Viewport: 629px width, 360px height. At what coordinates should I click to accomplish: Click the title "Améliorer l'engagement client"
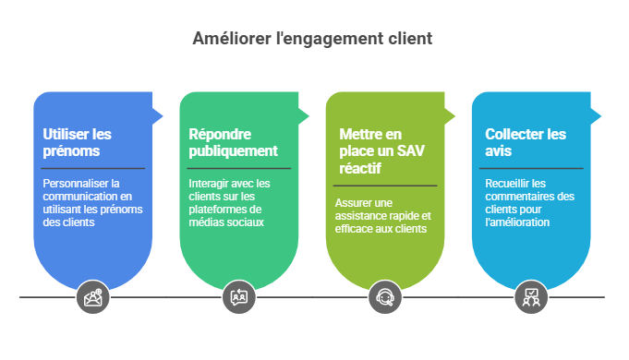coord(312,39)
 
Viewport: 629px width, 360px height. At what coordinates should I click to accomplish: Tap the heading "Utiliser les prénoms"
coord(77,142)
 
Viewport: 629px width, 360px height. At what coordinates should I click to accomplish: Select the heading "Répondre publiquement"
coord(233,142)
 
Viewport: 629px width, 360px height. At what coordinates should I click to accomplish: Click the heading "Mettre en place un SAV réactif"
coord(381,151)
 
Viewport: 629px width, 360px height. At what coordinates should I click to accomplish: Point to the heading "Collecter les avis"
coord(526,142)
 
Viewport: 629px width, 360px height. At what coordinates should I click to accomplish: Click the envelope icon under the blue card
coord(93,297)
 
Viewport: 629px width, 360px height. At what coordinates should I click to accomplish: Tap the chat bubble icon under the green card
coord(239,297)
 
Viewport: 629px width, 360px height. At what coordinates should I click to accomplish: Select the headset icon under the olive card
coord(385,297)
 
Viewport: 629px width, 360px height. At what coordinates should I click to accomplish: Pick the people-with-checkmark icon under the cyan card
coord(531,297)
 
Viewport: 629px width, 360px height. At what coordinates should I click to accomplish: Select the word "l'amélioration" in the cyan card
coord(517,222)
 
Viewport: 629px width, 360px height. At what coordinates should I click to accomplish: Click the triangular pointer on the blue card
coord(158,116)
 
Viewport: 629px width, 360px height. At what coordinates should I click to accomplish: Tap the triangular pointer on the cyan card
coord(596,116)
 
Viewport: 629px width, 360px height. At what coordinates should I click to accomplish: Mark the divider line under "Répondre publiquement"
coord(239,168)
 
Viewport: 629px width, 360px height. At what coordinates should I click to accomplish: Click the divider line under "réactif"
coord(385,186)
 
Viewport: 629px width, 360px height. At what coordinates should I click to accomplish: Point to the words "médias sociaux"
coord(226,222)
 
